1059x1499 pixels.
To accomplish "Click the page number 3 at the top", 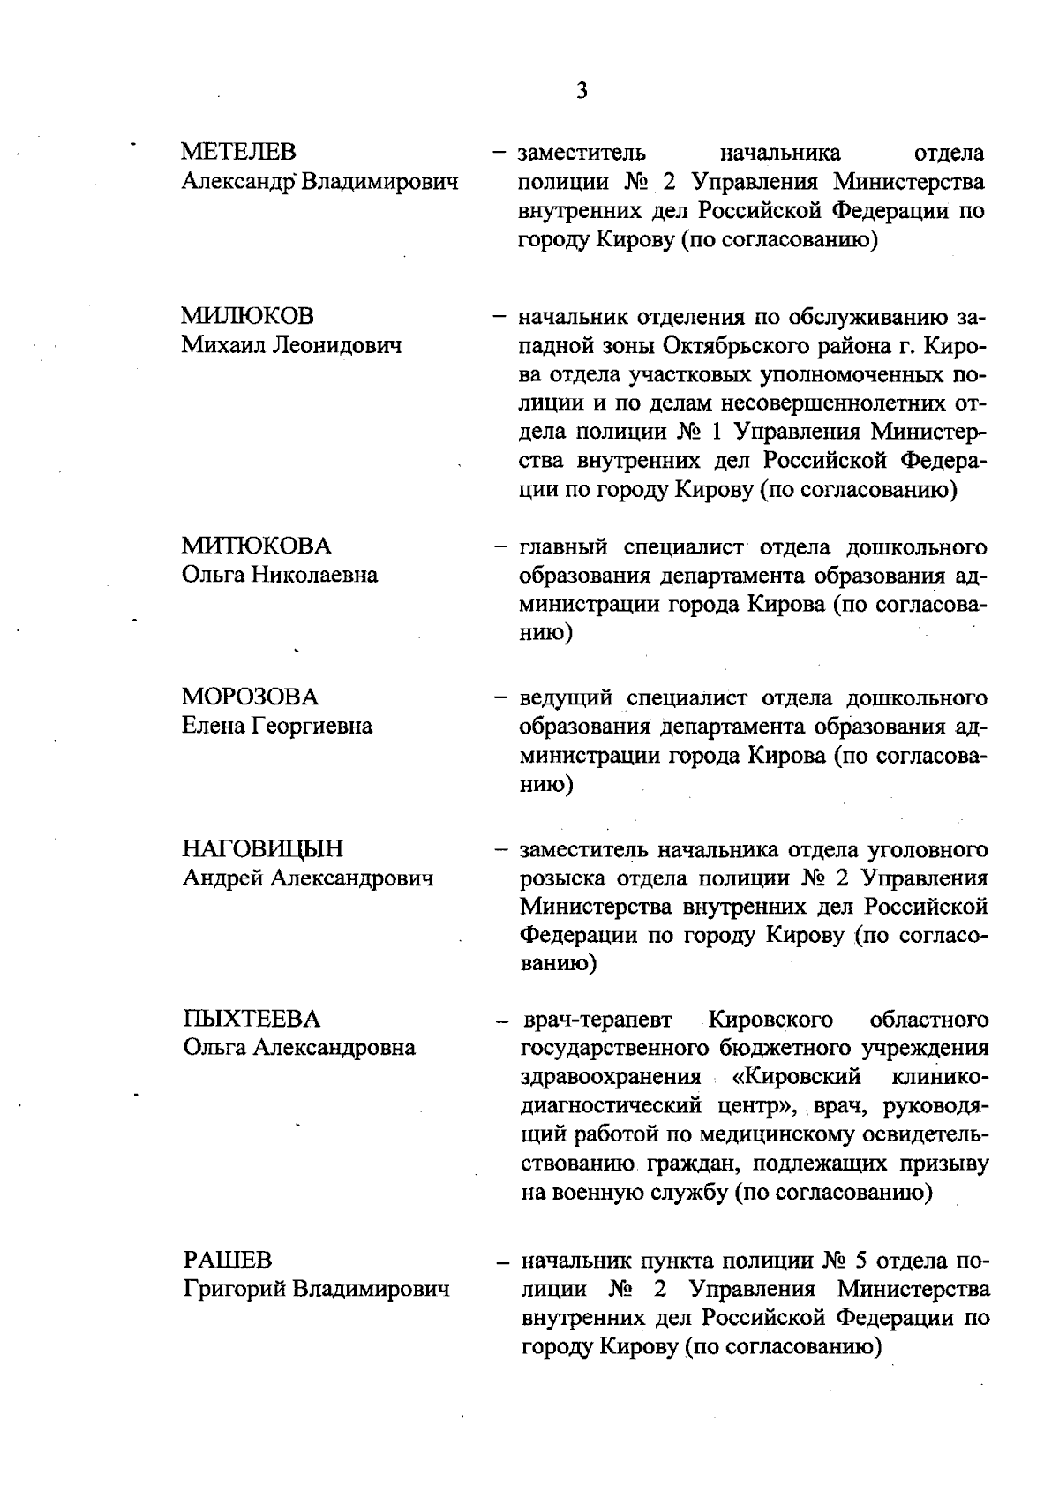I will click(581, 90).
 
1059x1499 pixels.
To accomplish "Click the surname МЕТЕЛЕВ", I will click(238, 153).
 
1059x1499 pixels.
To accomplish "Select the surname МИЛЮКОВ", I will click(247, 316).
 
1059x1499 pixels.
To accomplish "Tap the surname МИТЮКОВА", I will click(256, 546).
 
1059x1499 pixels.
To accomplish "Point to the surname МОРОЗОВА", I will click(250, 697).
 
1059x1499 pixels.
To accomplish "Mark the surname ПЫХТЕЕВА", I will click(251, 1020).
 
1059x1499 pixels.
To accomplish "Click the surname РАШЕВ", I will click(228, 1260).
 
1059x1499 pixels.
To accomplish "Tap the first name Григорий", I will click(233, 1289).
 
